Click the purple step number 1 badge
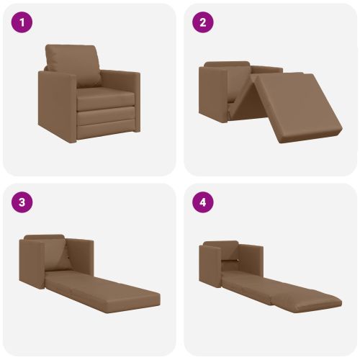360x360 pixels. (22, 22)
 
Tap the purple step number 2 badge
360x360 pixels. (203, 22)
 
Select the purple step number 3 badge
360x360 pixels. (22, 202)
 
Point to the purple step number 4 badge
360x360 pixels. (203, 202)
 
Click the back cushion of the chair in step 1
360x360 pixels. (73, 65)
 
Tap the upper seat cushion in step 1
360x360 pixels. (106, 99)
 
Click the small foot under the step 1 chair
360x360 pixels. (137, 131)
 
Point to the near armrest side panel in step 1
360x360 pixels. (57, 107)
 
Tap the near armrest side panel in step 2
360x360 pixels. (213, 94)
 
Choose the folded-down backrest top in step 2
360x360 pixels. (227, 64)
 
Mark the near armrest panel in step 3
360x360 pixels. (32, 264)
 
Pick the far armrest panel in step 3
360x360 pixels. (80, 257)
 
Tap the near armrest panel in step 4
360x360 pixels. (210, 266)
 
